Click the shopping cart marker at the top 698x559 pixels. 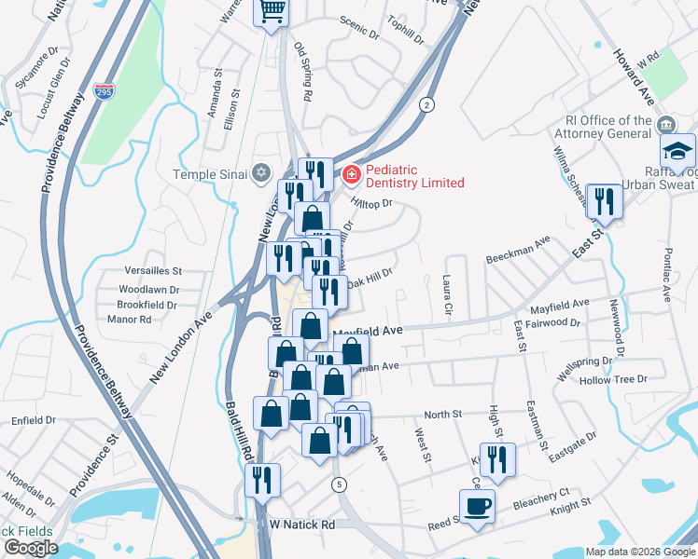pyautogui.click(x=272, y=12)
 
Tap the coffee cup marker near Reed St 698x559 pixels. pyautogui.click(x=477, y=507)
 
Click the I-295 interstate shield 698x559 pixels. pyautogui.click(x=104, y=92)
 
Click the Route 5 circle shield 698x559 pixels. pyautogui.click(x=338, y=484)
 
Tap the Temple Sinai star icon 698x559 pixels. pyautogui.click(x=261, y=173)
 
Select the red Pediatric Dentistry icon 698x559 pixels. pyautogui.click(x=351, y=173)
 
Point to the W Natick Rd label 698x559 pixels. pyautogui.click(x=301, y=525)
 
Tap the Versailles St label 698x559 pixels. pyautogui.click(x=152, y=270)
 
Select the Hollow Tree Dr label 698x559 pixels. pyautogui.click(x=613, y=379)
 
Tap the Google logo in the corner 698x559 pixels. pyautogui.click(x=31, y=548)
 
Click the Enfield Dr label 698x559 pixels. pyautogui.click(x=34, y=421)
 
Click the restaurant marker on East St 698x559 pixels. pyautogui.click(x=606, y=201)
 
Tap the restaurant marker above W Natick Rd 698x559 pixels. pyautogui.click(x=262, y=480)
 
